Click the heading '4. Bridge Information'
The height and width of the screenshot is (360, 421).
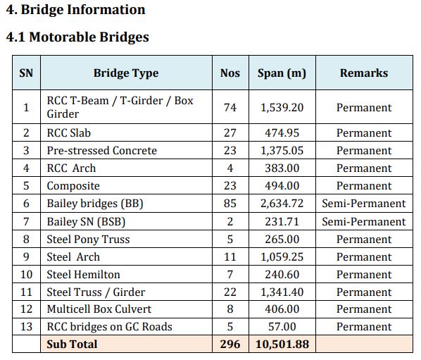pos(75,10)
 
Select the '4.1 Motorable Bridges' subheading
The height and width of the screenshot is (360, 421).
pos(77,37)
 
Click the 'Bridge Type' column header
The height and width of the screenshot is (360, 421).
pos(126,73)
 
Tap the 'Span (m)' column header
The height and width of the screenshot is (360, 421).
pos(282,73)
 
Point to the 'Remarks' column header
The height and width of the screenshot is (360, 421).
pos(364,73)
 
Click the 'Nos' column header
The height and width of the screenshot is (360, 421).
pos(230,73)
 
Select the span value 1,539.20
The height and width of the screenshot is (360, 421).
pos(282,108)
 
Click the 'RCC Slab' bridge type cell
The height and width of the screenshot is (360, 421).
pos(69,133)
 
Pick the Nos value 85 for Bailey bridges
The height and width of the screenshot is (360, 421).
pos(230,204)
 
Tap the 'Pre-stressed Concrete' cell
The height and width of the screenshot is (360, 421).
pos(102,151)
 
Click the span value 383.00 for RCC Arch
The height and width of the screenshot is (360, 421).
pos(282,168)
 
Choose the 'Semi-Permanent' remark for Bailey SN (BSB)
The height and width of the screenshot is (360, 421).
pos(364,222)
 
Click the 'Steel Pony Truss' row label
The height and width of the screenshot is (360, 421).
pos(88,240)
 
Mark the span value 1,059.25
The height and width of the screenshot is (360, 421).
pos(282,257)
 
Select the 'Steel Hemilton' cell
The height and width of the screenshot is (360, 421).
pos(83,275)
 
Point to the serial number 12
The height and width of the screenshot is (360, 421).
pos(26,309)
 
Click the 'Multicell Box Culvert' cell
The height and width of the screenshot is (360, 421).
pos(99,309)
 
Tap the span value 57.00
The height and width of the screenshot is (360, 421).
pos(282,327)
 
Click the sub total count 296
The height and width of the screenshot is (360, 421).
pos(230,345)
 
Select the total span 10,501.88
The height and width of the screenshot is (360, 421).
pos(282,345)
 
